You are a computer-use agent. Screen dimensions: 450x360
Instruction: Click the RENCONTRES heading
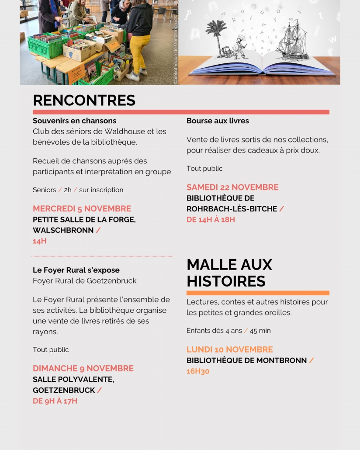coord(84,100)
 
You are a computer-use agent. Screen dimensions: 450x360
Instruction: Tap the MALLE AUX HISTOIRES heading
coord(229,273)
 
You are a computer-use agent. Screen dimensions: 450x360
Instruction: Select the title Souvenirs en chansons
coord(74,121)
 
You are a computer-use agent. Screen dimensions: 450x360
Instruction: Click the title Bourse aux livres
coord(218,121)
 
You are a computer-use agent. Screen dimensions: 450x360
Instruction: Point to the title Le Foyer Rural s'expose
coord(76,270)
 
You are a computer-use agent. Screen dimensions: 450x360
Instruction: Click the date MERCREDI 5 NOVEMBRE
coord(82,208)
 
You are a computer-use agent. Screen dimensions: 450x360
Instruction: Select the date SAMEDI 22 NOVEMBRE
coord(232,187)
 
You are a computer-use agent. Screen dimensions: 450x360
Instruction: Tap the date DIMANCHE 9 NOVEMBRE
coord(83,368)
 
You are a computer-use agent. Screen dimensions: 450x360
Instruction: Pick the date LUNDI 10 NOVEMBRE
coord(229,350)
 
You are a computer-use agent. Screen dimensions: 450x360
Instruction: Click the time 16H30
coord(198,371)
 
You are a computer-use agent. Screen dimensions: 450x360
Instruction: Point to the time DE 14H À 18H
coord(211,219)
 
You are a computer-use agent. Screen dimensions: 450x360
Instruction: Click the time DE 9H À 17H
coord(55,401)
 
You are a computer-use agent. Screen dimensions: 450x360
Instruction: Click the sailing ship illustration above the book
coord(292,42)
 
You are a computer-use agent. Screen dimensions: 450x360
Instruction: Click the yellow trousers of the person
coord(139,52)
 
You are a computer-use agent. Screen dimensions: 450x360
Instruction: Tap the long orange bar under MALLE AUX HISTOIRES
coord(258,293)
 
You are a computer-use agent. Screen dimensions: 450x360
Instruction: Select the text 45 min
coord(260,331)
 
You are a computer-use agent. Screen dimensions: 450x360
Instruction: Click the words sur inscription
coord(101,190)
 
